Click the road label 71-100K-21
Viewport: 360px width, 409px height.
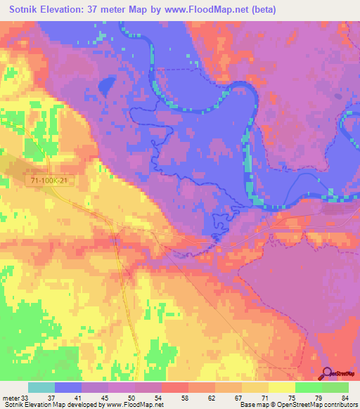pos(49,181)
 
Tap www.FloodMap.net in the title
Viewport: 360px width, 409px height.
pos(211,9)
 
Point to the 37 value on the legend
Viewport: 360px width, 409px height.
pos(51,397)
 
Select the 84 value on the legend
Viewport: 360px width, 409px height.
pos(345,397)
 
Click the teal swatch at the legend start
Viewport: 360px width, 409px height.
pos(41,387)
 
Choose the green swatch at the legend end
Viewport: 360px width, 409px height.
pos(335,387)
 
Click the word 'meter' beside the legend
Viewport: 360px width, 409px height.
pos(11,397)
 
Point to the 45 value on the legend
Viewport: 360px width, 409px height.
pos(104,397)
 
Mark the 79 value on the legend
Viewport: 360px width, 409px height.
pos(318,397)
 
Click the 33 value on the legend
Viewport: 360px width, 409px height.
pos(26,397)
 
